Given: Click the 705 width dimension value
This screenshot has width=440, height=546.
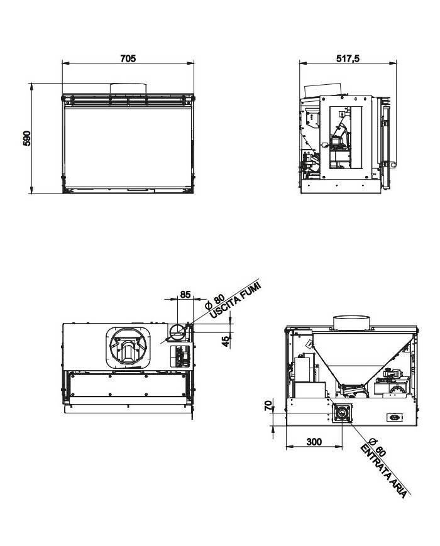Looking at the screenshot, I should tap(128, 58).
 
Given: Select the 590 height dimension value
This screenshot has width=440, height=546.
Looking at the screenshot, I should tap(26, 138).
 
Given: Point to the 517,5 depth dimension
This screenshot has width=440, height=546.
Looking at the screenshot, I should tap(348, 58).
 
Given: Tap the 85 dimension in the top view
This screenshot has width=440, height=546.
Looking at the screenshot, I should tap(185, 294).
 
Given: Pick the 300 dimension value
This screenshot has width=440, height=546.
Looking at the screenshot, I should tap(314, 442).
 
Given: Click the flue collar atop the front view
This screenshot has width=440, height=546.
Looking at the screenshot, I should tap(129, 89).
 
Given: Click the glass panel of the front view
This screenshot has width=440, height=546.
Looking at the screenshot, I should tap(129, 145).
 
